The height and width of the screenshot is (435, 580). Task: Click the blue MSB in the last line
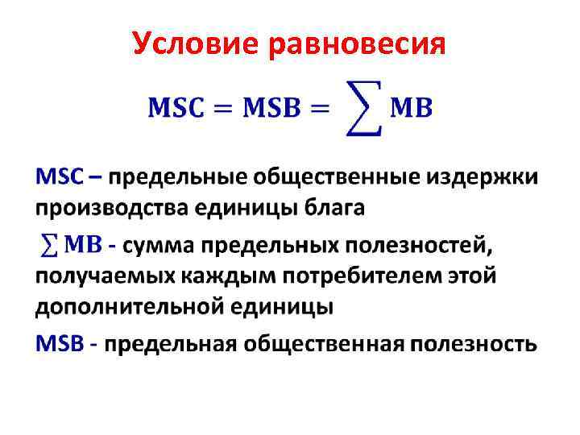click(59, 345)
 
